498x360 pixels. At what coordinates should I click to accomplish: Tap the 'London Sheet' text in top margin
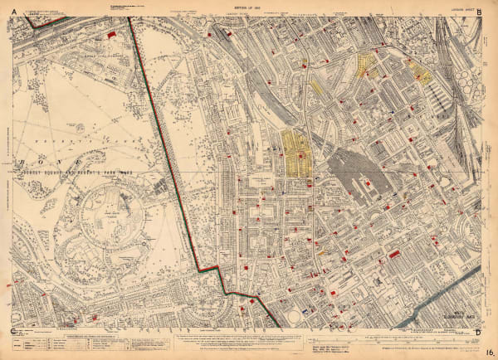click(462, 7)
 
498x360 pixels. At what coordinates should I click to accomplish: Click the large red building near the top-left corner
click(112, 35)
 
